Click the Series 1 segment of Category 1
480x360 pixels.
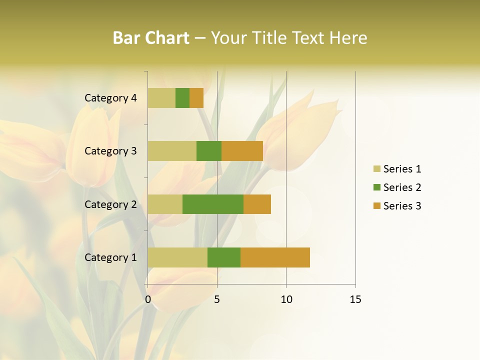pos(177,257)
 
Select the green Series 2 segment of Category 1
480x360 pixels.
pos(224,257)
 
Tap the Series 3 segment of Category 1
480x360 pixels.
pos(275,257)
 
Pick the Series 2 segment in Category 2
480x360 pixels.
pos(213,204)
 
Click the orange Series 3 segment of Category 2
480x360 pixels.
pos(257,204)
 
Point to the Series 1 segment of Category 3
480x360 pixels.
pos(172,151)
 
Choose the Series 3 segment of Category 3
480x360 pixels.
pos(242,151)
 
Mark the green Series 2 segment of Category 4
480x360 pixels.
pos(182,98)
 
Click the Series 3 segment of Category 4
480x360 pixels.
pos(196,98)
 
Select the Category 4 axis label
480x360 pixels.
pos(110,98)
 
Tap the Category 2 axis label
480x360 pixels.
pos(110,204)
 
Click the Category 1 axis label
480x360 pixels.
pos(110,257)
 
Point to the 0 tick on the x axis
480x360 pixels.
pos(148,299)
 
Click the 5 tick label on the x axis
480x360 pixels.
pos(217,299)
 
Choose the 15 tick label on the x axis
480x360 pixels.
pos(355,299)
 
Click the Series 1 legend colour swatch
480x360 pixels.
pos(376,169)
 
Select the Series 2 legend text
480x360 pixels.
pos(402,187)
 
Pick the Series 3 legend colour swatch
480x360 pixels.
pos(376,206)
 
